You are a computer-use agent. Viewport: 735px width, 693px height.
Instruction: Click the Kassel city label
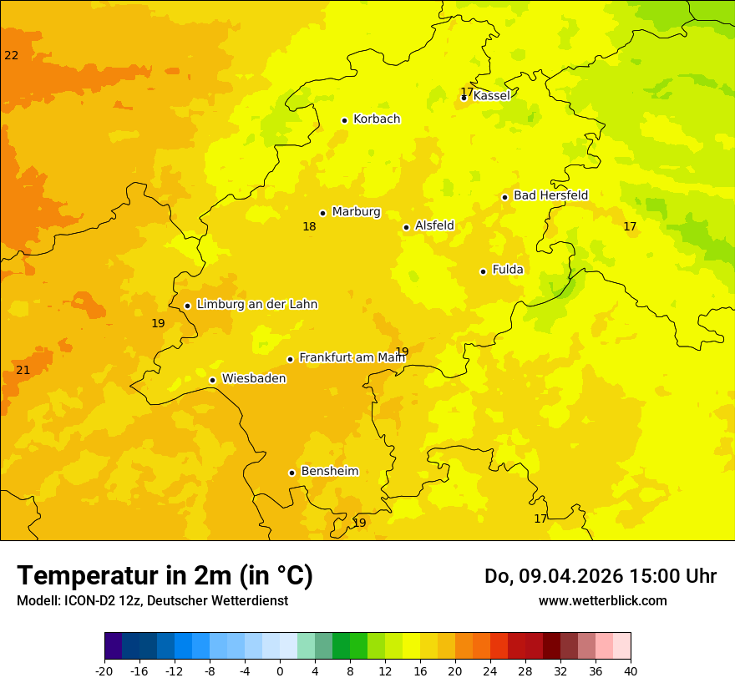491,96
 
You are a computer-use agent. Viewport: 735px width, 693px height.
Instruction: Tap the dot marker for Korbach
344,120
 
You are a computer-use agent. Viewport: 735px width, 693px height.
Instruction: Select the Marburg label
356,212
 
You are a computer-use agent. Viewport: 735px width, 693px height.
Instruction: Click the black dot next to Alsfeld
406,227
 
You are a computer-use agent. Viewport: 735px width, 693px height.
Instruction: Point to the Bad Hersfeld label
550,195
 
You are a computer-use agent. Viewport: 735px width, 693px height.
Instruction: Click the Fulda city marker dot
483,271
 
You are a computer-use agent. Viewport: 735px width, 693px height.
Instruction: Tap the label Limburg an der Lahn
256,305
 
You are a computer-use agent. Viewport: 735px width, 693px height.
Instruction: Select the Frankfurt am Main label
352,357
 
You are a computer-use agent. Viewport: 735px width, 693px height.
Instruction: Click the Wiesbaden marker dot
212,381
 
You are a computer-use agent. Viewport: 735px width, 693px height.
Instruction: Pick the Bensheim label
329,472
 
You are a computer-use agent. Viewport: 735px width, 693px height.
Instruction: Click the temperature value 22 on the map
11,56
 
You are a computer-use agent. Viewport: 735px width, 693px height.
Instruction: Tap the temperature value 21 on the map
23,371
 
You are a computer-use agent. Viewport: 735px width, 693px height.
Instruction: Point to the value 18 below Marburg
309,227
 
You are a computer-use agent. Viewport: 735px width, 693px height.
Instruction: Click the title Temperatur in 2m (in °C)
165,576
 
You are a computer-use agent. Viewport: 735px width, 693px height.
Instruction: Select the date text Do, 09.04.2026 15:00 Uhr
600,576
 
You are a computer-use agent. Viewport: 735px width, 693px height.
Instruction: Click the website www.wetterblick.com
602,601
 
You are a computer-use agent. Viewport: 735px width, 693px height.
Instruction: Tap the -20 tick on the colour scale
104,671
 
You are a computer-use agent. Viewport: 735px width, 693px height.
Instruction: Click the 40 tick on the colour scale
631,671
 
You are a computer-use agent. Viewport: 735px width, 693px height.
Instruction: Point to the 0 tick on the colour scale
280,671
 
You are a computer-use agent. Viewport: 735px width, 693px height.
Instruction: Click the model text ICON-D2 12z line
152,601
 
